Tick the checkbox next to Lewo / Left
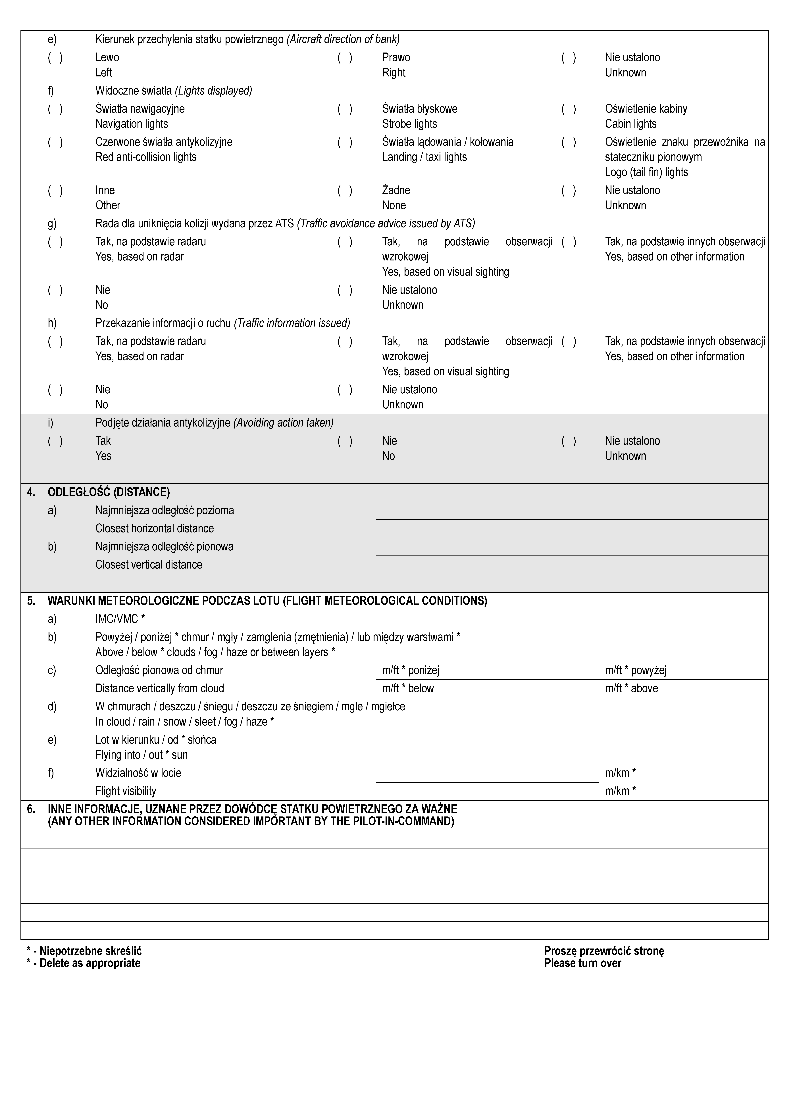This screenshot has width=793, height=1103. [x=55, y=58]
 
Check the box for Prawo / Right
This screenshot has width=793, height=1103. [x=345, y=58]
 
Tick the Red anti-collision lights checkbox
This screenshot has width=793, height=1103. [x=55, y=143]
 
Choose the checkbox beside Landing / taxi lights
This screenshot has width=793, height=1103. [x=345, y=143]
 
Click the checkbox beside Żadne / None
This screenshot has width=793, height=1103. [x=345, y=191]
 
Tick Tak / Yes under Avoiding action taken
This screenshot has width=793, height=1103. [x=55, y=441]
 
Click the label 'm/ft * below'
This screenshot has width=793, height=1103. [x=408, y=688]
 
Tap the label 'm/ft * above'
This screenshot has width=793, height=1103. [x=631, y=688]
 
